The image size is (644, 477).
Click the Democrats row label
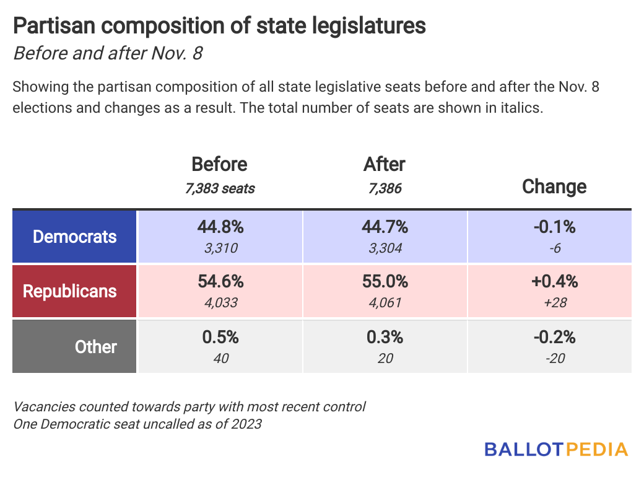(x=74, y=236)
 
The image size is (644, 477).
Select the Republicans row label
(x=69, y=291)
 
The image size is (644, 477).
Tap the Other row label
(x=95, y=347)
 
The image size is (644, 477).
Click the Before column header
(x=219, y=164)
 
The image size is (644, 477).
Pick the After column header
(x=384, y=164)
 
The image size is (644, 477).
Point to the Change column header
(x=554, y=186)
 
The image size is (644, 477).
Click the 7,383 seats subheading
(x=219, y=188)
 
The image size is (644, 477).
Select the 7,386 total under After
(x=385, y=188)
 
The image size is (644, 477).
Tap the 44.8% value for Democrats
(x=220, y=227)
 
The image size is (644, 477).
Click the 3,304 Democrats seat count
(x=385, y=248)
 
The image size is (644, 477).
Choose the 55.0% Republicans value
(x=385, y=282)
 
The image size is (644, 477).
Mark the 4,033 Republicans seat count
(x=220, y=303)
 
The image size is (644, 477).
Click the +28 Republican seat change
(x=554, y=303)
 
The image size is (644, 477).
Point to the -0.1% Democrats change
(x=554, y=227)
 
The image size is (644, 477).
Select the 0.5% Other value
(x=220, y=337)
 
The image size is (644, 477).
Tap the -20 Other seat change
(x=554, y=358)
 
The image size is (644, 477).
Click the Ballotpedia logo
(x=555, y=449)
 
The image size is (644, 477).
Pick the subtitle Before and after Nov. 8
(x=108, y=53)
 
